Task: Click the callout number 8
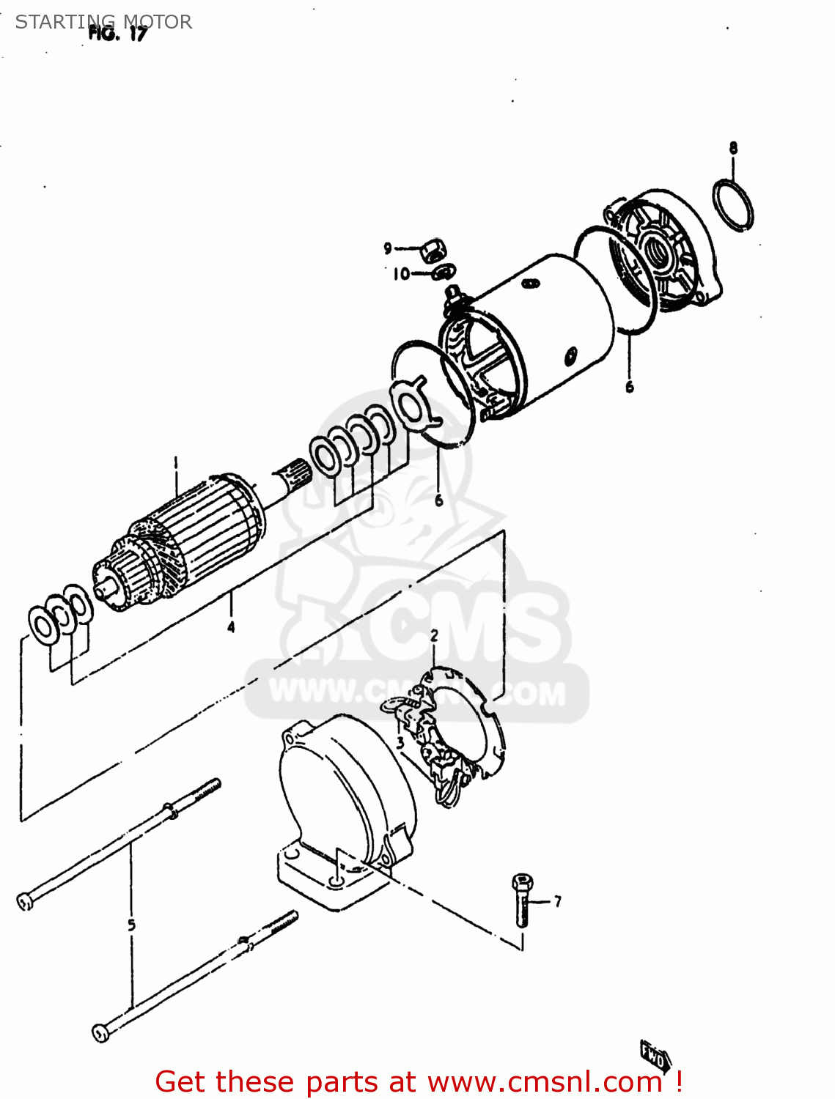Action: coord(733,148)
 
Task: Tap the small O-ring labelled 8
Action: coord(732,205)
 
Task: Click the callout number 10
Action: coord(401,275)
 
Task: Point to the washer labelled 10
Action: coord(444,273)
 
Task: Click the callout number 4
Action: coord(231,627)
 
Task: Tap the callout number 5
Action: coord(132,925)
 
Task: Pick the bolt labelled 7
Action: coord(522,900)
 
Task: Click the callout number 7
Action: coord(558,902)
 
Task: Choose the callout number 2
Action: coord(434,636)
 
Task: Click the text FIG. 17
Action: coord(118,34)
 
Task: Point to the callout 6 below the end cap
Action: coord(630,387)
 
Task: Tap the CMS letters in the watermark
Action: coord(469,630)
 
